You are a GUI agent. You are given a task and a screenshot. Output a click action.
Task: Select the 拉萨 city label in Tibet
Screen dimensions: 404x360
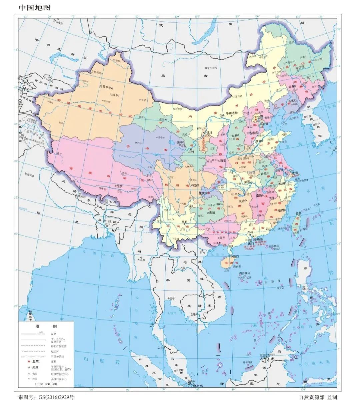[x=119, y=185]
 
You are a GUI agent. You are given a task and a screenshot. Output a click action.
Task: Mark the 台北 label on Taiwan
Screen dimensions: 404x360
[x=297, y=213]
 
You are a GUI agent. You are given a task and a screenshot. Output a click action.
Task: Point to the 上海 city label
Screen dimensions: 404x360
[x=295, y=173]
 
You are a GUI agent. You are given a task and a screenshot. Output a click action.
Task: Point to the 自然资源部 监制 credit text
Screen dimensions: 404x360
[x=318, y=397]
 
